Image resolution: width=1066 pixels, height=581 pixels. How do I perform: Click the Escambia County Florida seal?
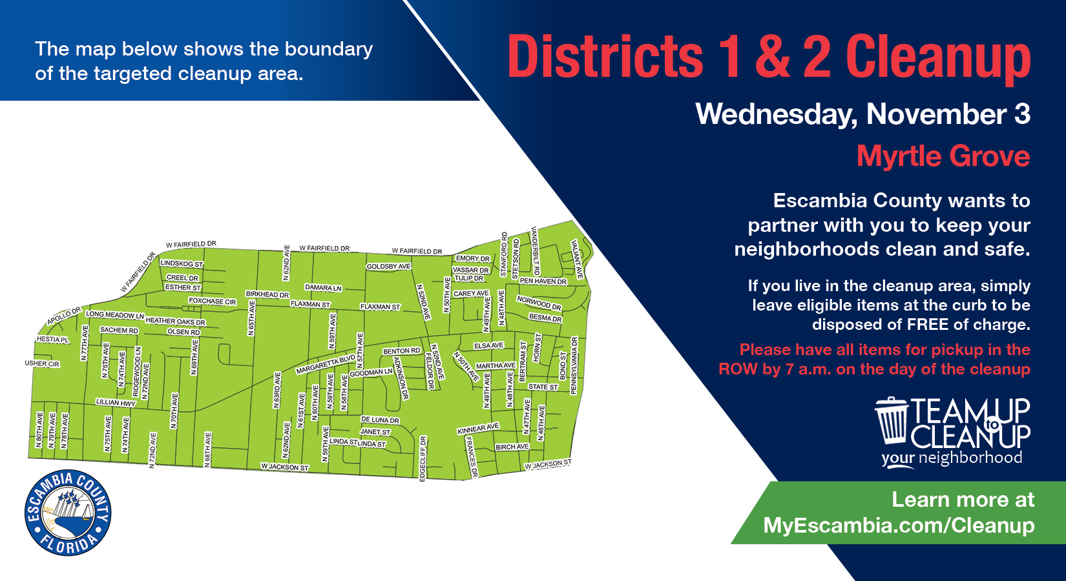point(68,513)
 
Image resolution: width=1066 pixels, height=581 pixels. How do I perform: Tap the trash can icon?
point(892,420)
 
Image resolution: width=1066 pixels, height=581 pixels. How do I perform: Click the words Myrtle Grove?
point(943,156)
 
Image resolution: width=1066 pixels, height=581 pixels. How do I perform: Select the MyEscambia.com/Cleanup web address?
point(899,525)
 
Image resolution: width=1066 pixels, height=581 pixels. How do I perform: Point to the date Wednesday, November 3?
point(862,114)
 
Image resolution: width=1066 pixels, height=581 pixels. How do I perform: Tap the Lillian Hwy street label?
point(116,402)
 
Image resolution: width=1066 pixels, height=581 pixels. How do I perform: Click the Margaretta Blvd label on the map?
point(326,365)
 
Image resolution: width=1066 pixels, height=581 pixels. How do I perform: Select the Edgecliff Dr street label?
point(423,458)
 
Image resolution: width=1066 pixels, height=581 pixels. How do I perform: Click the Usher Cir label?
point(42,364)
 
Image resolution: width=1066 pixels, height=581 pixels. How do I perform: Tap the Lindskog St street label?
point(182,263)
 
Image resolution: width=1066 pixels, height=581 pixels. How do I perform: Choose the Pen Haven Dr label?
point(543,281)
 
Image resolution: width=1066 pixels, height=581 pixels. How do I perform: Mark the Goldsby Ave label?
point(388,266)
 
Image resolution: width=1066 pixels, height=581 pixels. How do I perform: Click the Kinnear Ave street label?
point(478,429)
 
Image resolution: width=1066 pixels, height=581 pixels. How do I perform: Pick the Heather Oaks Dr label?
point(175,321)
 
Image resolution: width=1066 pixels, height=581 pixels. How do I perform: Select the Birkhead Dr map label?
point(267,294)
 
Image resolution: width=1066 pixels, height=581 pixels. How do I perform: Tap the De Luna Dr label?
point(380,420)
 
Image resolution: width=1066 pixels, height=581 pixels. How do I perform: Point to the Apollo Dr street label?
point(64,316)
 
